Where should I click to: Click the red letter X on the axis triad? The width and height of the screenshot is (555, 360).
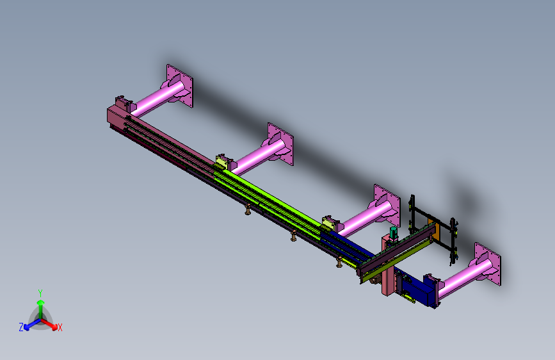60,328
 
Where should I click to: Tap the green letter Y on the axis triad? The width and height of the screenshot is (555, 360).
40,293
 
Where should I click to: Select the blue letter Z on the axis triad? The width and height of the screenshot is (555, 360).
21,327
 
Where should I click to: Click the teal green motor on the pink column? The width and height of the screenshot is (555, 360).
393,234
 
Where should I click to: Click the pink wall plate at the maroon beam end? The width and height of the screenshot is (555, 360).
179,85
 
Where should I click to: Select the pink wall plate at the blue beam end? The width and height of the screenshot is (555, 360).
487,264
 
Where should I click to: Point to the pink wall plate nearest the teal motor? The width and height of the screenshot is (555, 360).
387,206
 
